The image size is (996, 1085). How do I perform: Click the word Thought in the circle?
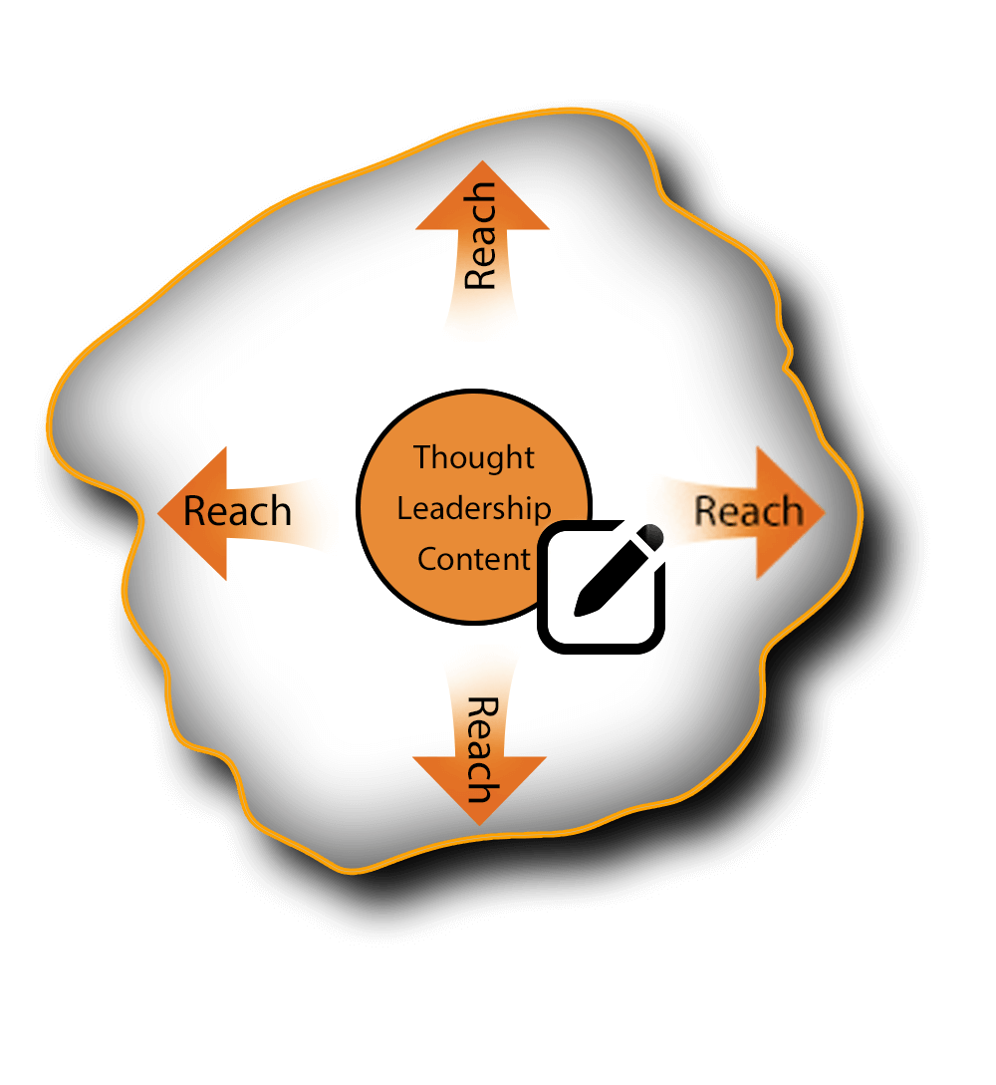474,457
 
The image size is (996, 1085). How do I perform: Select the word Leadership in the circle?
474,508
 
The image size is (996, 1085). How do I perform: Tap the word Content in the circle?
474,559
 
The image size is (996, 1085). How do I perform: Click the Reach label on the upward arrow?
481,235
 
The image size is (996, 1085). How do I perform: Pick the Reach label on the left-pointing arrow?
238,511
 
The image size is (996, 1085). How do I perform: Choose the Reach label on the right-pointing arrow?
748,511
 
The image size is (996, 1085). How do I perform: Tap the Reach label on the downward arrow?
481,750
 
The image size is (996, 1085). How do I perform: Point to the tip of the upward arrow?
482,163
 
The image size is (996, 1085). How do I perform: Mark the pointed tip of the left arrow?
160,513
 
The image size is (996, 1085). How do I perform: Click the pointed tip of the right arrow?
824,513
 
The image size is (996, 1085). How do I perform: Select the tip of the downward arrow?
480,823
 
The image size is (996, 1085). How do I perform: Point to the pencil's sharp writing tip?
579,611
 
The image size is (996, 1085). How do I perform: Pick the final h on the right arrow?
791,511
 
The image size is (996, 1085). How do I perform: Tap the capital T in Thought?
422,457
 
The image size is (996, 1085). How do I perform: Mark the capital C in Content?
427,559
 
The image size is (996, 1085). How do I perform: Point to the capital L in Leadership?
403,508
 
